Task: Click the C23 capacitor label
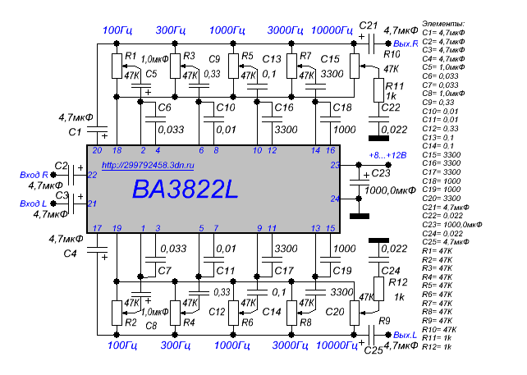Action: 381,173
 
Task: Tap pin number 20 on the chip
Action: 97,150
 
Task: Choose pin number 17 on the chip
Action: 97,228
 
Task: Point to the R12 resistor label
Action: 397,281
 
